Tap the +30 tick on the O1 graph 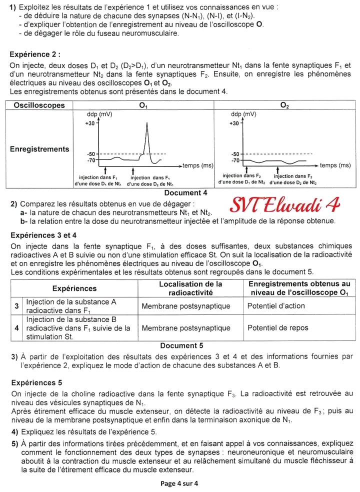(90, 122)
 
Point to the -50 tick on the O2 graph (235, 153)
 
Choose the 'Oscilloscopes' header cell (39, 105)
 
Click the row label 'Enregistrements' (39, 149)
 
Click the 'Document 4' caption (185, 193)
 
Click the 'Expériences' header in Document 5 (74, 288)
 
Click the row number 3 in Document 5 (16, 306)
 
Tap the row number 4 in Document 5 (16, 328)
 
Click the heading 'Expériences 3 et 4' (43, 235)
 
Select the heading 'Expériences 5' (36, 382)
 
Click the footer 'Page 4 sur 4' (179, 483)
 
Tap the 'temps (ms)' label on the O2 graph (335, 165)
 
